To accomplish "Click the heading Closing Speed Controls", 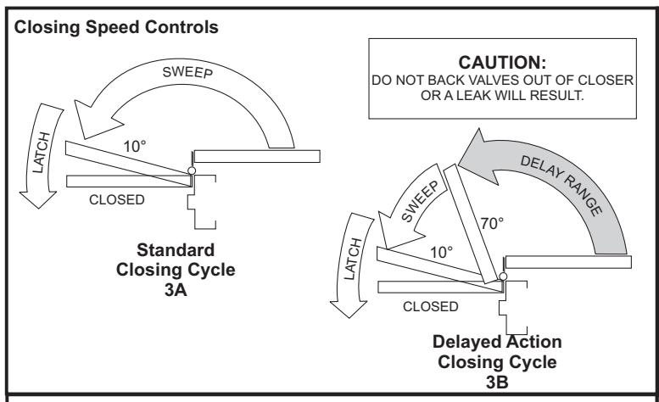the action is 116,28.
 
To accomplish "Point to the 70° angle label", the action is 492,223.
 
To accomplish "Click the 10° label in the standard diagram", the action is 135,147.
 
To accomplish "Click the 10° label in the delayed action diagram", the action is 441,253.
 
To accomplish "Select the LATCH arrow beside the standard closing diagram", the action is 41,155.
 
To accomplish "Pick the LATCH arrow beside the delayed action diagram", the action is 351,265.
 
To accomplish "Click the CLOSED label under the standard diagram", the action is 117,199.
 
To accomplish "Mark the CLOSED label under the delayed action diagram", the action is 430,307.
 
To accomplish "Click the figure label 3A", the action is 176,290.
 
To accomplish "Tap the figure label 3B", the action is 497,382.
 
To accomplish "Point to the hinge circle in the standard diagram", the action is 192,170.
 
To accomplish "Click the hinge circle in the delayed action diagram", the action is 503,276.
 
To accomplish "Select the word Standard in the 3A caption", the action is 176,250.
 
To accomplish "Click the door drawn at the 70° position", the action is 471,224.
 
